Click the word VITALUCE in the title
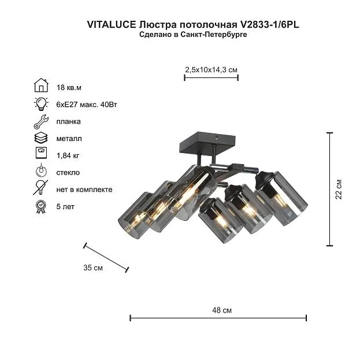pyautogui.click(x=112, y=25)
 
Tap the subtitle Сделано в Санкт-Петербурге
pyautogui.click(x=193, y=35)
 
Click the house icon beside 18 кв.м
pyautogui.click(x=41, y=85)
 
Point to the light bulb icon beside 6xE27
pyautogui.click(x=41, y=104)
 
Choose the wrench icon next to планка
pyautogui.click(x=41, y=121)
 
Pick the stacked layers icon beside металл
pyautogui.click(x=41, y=138)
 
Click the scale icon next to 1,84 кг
pyautogui.click(x=42, y=153)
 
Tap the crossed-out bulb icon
pyautogui.click(x=40, y=187)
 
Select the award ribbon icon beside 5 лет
pyautogui.click(x=41, y=207)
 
